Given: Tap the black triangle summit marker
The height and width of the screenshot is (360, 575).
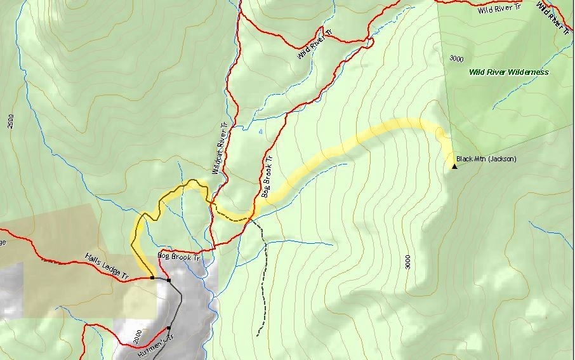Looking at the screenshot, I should coord(454,166).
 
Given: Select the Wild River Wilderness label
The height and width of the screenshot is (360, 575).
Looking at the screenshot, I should coord(508,72).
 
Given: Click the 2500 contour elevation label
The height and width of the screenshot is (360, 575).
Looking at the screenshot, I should coord(11,121).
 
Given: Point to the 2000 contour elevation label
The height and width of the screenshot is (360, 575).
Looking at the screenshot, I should coord(138,335).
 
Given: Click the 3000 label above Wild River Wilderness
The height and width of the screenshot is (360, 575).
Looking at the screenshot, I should coord(456,58).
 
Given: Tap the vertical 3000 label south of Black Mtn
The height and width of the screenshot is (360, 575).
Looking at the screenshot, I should coord(407,261).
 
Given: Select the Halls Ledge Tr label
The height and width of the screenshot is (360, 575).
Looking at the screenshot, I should coord(107,268).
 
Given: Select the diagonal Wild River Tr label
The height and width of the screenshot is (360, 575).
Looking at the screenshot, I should coord(315,44).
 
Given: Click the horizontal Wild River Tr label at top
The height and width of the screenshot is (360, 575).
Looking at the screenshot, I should coord(499,10).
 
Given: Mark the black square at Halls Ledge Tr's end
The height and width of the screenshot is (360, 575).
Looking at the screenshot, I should coord(152,277).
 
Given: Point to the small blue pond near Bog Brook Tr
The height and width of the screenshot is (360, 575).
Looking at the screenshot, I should coord(261,132).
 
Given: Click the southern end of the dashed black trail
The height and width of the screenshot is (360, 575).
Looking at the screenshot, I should coord(257,335).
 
